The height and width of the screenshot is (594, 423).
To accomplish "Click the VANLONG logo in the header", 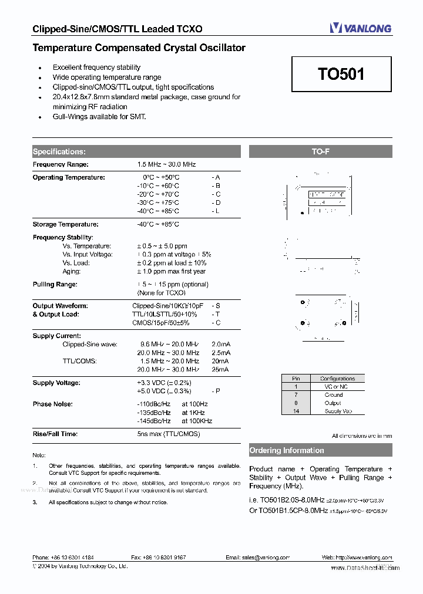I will click(360, 28).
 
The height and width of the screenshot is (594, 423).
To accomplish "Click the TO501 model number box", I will click(341, 74).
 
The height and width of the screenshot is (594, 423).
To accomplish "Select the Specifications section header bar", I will click(136, 151).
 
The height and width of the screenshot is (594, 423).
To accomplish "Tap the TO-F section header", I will click(320, 151).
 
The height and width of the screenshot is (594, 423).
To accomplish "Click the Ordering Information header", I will click(320, 451).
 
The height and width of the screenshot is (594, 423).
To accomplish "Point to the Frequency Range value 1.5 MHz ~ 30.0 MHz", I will click(166, 165).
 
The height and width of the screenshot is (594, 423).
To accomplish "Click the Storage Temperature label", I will click(65, 224).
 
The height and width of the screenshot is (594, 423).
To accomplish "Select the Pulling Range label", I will click(55, 284).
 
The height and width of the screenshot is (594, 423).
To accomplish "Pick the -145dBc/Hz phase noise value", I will click(154, 421).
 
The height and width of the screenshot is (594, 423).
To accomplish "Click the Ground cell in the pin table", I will click(334, 395).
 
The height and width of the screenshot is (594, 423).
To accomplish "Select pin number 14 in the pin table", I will click(297, 411).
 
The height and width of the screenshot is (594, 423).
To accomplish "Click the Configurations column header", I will click(337, 379).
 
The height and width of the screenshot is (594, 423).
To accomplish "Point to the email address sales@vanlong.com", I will click(254, 558).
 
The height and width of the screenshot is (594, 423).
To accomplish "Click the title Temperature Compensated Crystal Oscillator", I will click(139, 48).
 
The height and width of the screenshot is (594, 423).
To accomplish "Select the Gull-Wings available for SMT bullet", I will click(99, 116).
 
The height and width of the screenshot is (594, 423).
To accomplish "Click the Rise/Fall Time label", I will click(55, 434).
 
